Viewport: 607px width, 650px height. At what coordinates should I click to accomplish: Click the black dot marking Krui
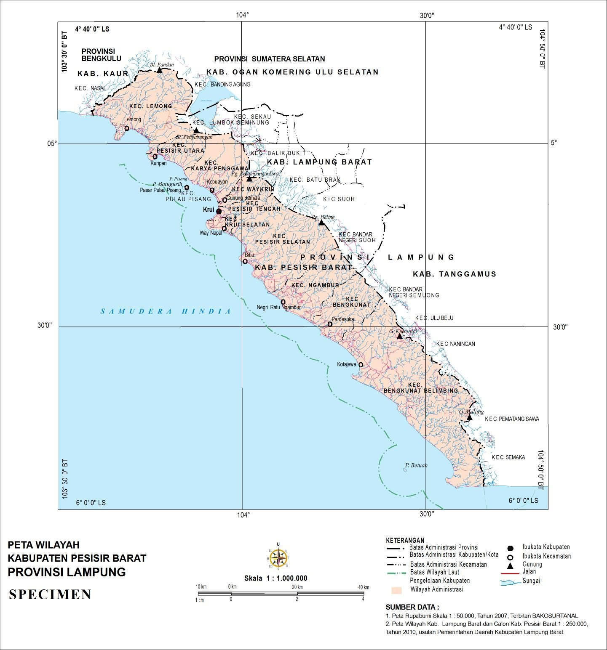219,211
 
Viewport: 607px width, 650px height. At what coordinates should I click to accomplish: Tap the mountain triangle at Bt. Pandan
160,70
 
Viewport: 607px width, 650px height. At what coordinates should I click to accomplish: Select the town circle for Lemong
127,128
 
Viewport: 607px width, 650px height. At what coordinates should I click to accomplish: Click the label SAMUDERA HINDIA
166,311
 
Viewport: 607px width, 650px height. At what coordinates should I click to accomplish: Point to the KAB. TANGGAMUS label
455,274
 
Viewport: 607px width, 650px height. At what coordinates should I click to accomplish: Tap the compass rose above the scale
278,558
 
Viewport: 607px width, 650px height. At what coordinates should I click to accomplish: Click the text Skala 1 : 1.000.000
276,578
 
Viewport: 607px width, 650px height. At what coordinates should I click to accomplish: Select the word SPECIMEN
50,594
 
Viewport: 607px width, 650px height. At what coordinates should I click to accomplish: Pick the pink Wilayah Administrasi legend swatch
398,590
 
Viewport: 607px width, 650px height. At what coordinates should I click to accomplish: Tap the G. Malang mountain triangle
469,417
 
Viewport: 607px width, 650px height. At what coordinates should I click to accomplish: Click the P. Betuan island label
416,465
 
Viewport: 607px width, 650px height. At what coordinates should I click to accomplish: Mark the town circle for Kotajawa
361,365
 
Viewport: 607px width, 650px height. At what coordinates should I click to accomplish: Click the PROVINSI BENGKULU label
101,55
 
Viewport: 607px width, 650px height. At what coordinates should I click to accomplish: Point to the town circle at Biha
245,261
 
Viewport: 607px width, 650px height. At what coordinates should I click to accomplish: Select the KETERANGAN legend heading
405,540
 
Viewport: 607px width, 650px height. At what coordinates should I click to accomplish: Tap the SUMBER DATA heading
412,607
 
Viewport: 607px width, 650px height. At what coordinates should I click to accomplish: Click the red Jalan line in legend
509,574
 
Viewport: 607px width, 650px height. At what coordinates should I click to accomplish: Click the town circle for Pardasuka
330,324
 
